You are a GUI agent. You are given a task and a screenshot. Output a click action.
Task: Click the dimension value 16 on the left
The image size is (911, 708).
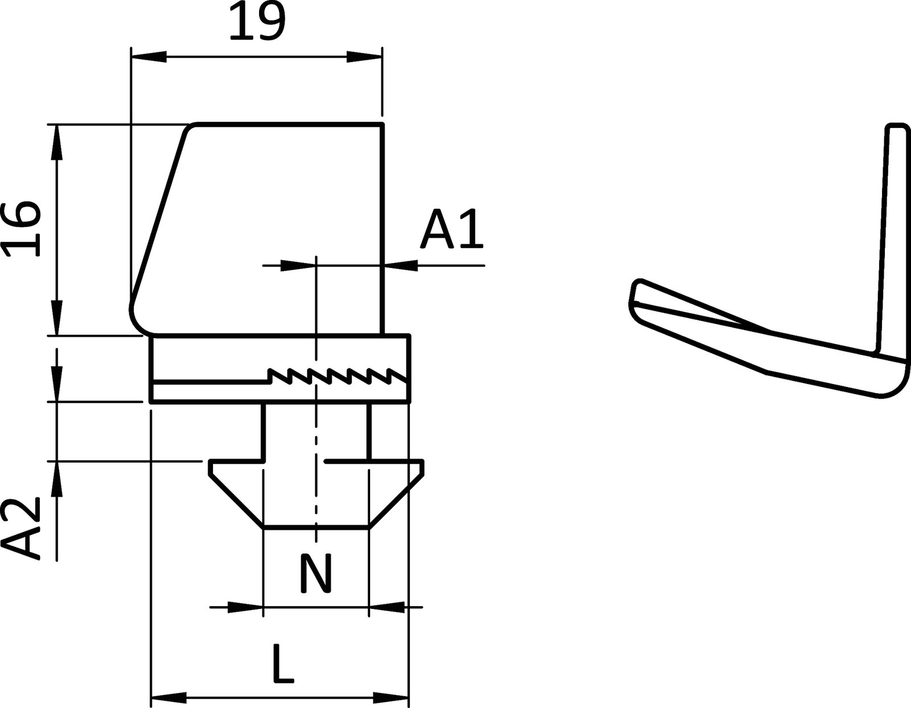point(22,229)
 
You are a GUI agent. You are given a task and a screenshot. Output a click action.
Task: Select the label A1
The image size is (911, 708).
point(452,230)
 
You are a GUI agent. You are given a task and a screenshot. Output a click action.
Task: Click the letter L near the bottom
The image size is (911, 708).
point(282,664)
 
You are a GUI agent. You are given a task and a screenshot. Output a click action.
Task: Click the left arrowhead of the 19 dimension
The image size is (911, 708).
point(149,56)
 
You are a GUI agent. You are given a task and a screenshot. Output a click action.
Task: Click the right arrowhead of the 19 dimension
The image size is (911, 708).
point(364,56)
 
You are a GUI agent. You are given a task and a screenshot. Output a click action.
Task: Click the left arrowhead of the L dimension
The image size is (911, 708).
point(169,697)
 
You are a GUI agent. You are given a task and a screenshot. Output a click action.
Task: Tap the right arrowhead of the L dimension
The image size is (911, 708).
point(391,697)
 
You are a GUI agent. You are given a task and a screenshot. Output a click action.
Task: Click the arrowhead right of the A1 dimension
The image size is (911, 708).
point(401,265)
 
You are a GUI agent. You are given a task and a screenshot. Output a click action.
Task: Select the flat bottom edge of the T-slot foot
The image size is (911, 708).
point(316,528)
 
